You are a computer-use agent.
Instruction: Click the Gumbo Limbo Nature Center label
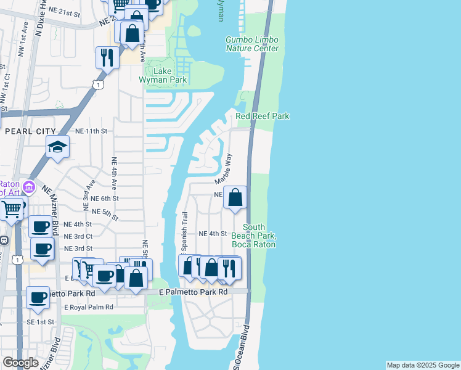click(252, 44)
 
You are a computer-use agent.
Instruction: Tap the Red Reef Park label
click(263, 116)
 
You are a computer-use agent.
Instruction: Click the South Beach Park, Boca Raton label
click(253, 236)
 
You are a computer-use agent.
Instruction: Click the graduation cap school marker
click(57, 147)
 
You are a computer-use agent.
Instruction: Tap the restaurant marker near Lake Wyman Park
click(107, 58)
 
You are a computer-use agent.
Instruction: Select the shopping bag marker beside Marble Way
click(235, 198)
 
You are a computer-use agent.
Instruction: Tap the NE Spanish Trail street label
click(184, 232)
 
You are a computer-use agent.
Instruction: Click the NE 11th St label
click(91, 131)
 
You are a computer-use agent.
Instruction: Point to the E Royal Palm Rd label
click(89, 307)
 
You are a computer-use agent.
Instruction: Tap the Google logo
click(20, 363)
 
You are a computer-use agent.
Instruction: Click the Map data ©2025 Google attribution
click(422, 365)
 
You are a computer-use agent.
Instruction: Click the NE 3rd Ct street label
click(78, 236)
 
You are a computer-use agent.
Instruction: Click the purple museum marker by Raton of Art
click(28, 186)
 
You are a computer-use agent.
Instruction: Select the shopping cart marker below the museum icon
click(12, 209)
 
